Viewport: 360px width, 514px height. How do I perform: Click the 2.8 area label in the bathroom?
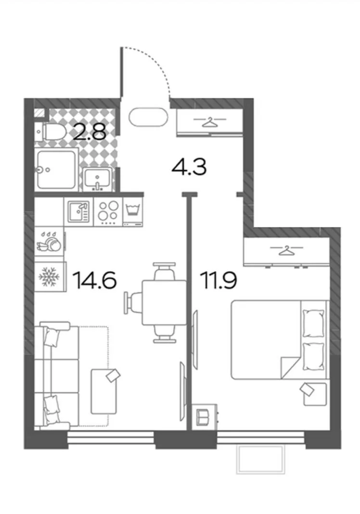pos(90,132)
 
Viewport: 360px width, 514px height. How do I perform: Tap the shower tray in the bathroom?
pos(56,169)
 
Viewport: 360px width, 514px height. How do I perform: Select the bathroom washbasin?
pos(98,179)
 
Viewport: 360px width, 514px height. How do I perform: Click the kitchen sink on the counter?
pos(78,212)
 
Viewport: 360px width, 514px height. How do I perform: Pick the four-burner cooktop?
pos(108,212)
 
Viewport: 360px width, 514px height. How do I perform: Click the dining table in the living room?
pos(164,302)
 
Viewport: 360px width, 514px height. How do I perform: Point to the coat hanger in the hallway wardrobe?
pos(210,122)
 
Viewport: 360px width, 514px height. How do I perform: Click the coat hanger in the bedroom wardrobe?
pos(286,250)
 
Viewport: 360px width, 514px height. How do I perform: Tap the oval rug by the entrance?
pos(149,117)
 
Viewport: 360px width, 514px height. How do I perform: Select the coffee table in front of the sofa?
pos(103,391)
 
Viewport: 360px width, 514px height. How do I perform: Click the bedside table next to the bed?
pos(315,394)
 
